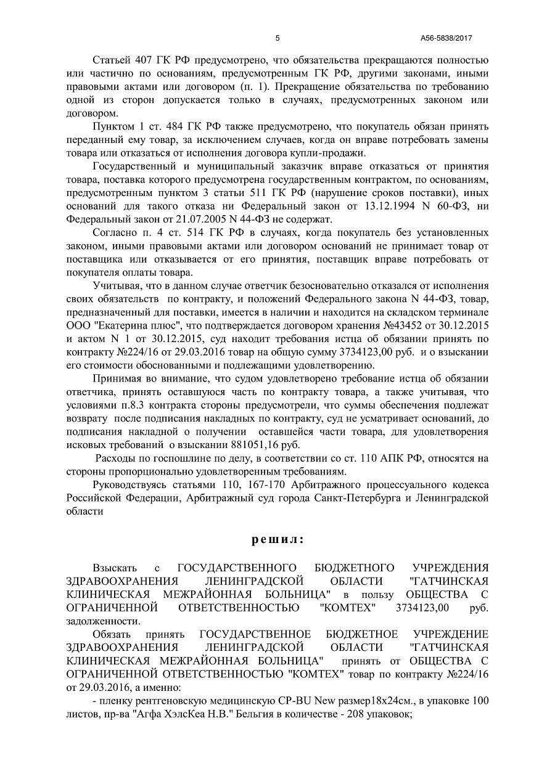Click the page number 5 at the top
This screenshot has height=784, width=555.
277,38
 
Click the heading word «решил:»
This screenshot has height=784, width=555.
277,539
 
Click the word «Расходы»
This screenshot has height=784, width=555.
114,459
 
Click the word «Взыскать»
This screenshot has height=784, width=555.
112,567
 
